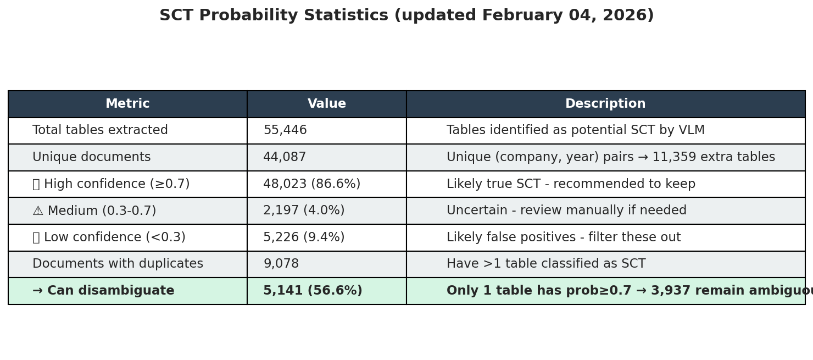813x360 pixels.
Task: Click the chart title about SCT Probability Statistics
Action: (406, 15)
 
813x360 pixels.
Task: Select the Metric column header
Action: (127, 104)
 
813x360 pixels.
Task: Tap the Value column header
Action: (327, 104)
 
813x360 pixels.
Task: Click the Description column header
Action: (605, 104)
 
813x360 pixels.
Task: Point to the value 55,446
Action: (285, 131)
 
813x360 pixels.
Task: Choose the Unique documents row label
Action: (92, 157)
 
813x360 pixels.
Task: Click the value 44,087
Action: (285, 157)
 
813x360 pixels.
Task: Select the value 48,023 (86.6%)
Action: (311, 184)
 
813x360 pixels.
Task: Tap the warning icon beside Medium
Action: (38, 211)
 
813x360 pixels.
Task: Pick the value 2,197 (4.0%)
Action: (304, 211)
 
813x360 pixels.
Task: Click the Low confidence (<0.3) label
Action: (114, 237)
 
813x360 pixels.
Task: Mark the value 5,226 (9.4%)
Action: (304, 237)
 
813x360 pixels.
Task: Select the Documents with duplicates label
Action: (118, 264)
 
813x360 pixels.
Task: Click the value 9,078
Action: (281, 264)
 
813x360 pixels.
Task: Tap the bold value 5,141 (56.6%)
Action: (313, 291)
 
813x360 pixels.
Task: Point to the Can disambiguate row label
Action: (103, 291)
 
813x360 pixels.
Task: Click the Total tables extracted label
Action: (100, 131)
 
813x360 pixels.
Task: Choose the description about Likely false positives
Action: (564, 237)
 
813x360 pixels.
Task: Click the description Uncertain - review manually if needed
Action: (566, 211)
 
